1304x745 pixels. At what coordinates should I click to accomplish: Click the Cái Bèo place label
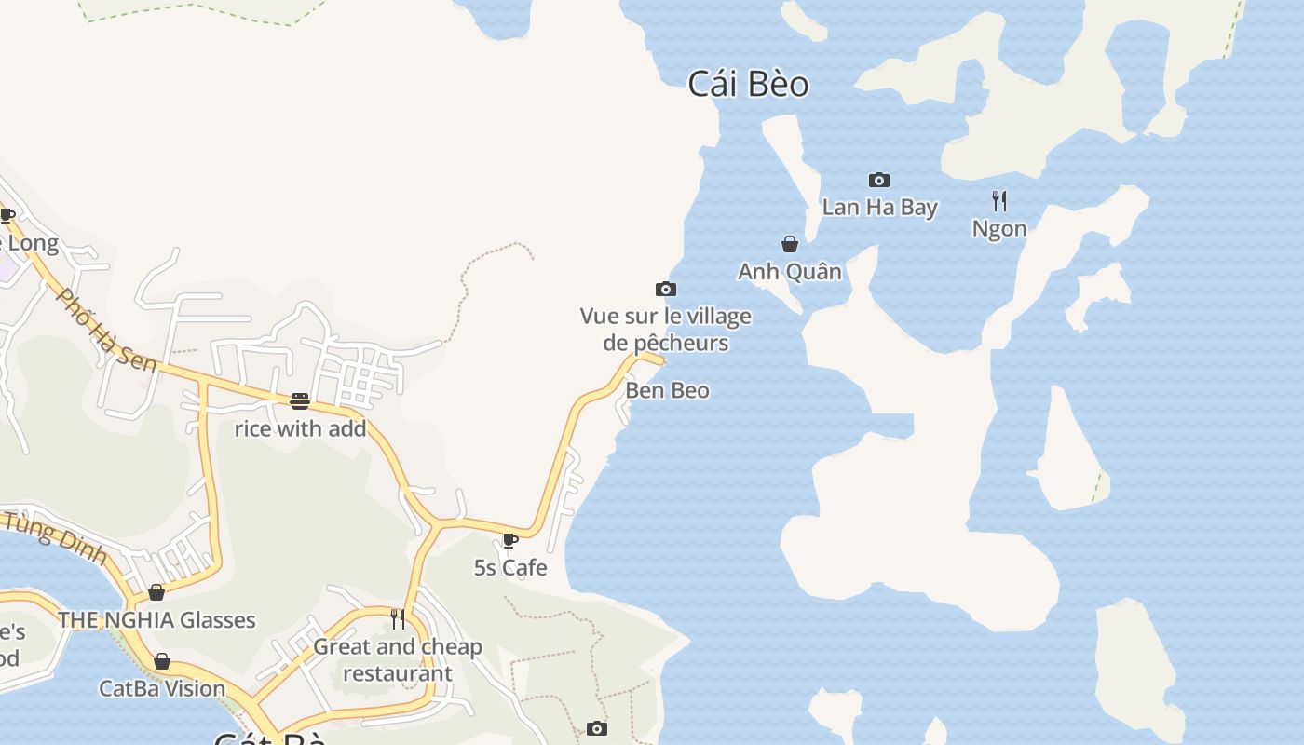tap(748, 84)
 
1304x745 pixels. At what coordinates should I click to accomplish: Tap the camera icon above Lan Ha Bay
tap(878, 180)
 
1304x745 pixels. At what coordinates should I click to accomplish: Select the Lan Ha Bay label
tap(879, 207)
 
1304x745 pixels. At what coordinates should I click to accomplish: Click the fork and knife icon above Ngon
tap(999, 200)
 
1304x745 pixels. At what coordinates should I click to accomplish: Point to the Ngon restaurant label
tap(999, 228)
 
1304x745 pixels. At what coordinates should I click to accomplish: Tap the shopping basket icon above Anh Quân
tap(790, 244)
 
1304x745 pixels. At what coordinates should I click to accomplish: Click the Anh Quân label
tap(790, 271)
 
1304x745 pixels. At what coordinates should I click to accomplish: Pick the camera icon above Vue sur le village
tap(665, 289)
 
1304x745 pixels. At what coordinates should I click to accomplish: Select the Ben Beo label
tap(667, 390)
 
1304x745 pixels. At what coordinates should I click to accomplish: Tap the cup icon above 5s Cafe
tap(509, 540)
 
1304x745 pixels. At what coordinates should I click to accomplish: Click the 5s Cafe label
tap(510, 567)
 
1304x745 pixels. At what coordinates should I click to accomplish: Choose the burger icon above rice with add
tap(300, 401)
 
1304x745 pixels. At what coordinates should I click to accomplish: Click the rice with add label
tap(300, 428)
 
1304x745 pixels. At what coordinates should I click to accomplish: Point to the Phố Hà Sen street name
tap(106, 330)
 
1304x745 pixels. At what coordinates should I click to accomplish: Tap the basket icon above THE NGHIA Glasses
tap(156, 592)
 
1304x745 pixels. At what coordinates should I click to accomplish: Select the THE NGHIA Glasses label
tap(156, 619)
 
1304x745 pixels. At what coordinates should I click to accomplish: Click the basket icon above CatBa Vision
tap(162, 661)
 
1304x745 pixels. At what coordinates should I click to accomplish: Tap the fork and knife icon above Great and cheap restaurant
tap(398, 619)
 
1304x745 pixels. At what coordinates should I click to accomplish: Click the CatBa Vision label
tap(162, 688)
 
